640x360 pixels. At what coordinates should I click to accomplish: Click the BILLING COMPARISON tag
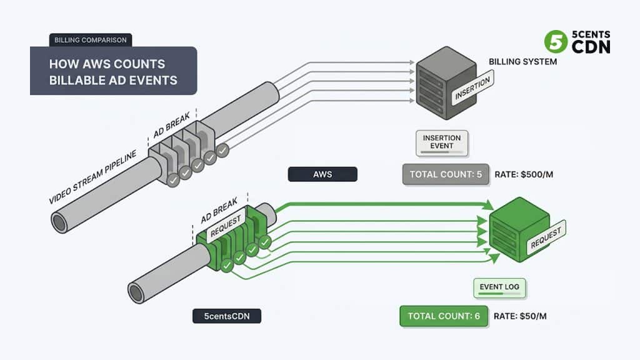pos(91,40)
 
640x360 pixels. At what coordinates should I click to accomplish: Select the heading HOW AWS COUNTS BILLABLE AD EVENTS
pos(114,72)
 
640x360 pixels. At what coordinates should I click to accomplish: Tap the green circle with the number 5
pos(556,42)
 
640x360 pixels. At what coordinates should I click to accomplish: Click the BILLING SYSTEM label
pos(523,62)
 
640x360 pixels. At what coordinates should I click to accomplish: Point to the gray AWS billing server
pos(446,83)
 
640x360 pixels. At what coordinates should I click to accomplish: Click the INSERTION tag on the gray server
pos(472,87)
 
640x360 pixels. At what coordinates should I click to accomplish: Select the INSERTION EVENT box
pos(442,143)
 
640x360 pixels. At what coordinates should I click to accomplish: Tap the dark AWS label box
pos(322,174)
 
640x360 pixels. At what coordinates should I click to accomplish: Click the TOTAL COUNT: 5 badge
pos(446,174)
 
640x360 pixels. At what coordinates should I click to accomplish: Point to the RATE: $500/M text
pos(524,174)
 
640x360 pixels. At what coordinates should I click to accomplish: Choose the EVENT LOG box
pos(499,287)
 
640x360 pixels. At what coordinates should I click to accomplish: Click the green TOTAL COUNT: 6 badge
pos(444,316)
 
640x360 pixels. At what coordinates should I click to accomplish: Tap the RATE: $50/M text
pos(520,316)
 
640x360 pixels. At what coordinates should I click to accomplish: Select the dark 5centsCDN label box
pos(227,316)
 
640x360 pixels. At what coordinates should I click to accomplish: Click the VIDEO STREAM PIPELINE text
pos(92,177)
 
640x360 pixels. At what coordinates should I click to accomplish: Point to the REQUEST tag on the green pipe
pos(226,225)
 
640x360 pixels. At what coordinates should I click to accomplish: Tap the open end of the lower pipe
pos(136,292)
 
